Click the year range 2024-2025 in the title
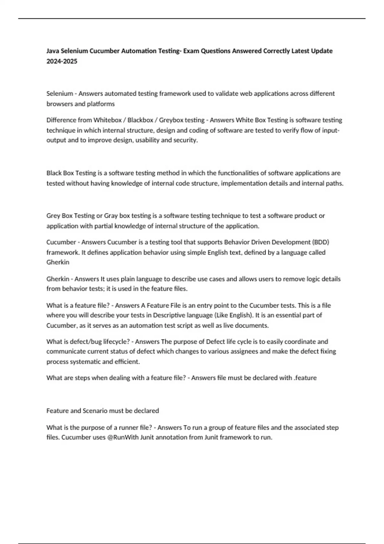coord(62,61)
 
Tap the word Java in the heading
coord(53,51)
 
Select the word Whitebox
coord(108,120)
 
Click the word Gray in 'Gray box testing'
coord(111,216)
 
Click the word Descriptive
coord(172,315)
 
